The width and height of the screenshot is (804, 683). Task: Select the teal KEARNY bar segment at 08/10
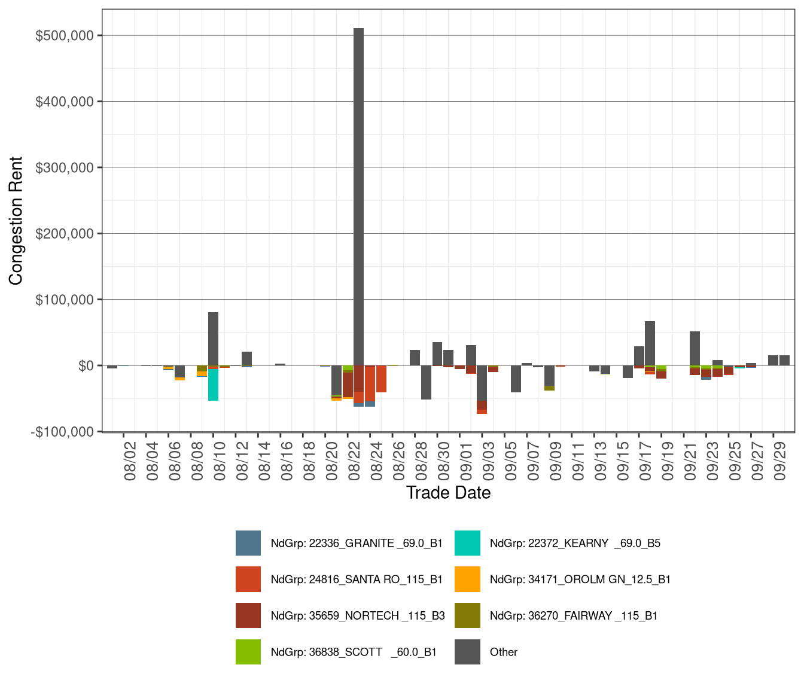tap(213, 385)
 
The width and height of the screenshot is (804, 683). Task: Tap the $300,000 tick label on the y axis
tap(65, 168)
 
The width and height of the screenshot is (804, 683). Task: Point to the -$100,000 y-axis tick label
tap(62, 432)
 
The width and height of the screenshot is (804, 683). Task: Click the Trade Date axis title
tap(448, 493)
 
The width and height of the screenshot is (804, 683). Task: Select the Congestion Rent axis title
tap(16, 221)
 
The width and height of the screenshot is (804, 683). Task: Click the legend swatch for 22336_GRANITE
tap(248, 543)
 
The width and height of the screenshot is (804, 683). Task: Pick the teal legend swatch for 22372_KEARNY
tap(467, 543)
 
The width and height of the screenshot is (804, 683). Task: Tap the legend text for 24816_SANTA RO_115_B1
tap(357, 580)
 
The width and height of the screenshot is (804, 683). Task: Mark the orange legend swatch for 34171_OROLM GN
tap(467, 580)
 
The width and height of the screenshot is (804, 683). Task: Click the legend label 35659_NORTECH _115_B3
tap(358, 616)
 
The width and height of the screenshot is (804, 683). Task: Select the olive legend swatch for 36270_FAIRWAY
tap(467, 616)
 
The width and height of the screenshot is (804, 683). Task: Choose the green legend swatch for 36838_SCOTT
tap(248, 652)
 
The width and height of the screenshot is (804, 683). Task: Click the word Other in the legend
tap(504, 652)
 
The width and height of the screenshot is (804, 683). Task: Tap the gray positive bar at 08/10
tap(213, 339)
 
